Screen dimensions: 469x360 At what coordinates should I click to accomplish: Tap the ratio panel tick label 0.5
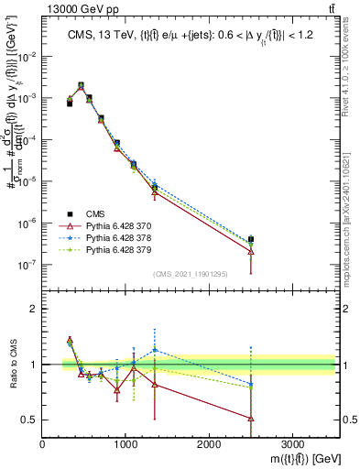(x=29, y=420)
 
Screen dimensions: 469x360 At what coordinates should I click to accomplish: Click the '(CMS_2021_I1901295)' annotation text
(x=191, y=274)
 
